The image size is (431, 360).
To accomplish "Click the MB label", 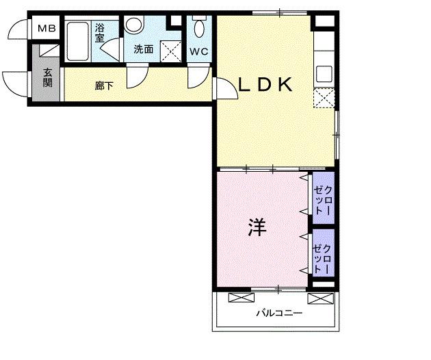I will (47, 29).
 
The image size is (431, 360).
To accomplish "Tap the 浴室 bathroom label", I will (100, 33).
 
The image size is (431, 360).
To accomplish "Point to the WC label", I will (199, 51).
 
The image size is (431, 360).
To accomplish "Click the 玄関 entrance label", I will (47, 77).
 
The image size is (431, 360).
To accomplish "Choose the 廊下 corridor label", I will (104, 86).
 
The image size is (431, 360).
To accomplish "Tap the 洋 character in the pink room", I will (257, 227).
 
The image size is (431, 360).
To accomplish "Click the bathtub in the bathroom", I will (78, 41).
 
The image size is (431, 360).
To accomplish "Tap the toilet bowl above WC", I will (199, 29).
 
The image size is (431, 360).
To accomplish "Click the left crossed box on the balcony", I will (239, 298).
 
